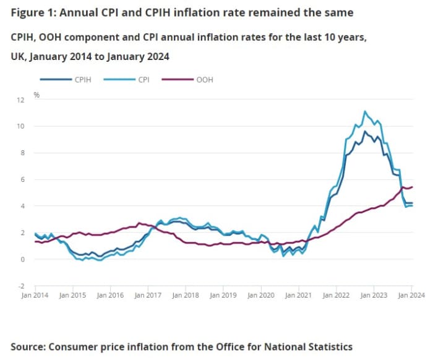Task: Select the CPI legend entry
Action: click(x=142, y=80)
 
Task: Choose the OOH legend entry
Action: click(x=205, y=80)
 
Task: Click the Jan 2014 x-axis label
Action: click(x=35, y=296)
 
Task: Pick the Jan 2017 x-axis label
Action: click(x=148, y=296)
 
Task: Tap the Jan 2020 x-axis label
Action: click(x=261, y=296)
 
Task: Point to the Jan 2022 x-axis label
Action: click(x=337, y=296)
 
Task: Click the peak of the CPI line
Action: click(x=365, y=111)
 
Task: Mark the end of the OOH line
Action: click(x=413, y=187)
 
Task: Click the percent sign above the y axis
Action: click(x=37, y=95)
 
